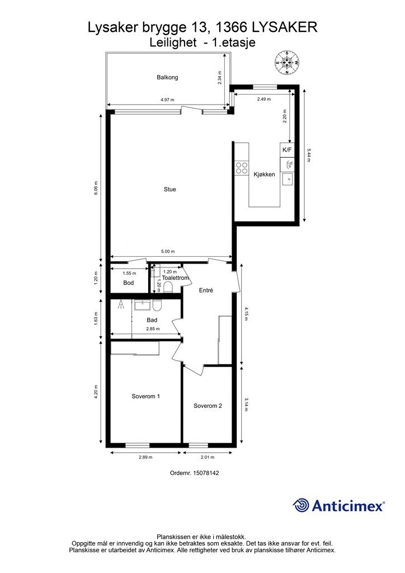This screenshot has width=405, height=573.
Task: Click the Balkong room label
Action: coord(167,77)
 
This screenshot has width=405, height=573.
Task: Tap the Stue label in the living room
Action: coord(170,189)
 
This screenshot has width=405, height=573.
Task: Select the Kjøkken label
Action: coord(265,175)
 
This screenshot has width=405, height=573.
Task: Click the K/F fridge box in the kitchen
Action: coord(287,150)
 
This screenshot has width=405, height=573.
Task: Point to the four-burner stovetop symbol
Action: coord(242,168)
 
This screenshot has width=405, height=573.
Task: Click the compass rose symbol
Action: coord(287,63)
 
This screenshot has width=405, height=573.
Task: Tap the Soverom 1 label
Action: coord(145,396)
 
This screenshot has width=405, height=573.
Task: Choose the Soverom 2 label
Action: coord(208,406)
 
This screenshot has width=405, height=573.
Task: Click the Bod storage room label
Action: coord(129,283)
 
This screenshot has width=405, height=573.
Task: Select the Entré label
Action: coord(206,290)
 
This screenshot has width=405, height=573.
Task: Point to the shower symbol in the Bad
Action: coord(120,305)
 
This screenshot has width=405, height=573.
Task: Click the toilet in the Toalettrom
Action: coord(168,288)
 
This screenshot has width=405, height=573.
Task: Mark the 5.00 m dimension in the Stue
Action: coord(168,251)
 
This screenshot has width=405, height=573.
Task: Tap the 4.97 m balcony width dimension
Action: coord(167,100)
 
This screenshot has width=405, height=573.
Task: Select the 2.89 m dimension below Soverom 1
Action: coord(146,457)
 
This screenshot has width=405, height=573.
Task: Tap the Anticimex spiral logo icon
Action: coord(301,506)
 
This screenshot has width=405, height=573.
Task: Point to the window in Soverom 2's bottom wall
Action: coord(198,445)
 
